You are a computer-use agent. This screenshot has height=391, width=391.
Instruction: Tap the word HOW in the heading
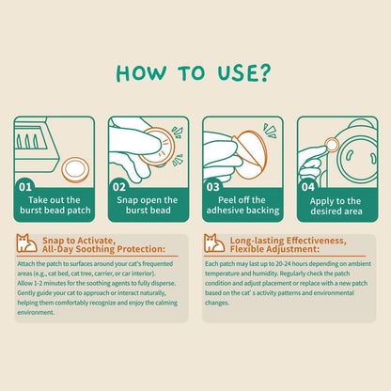click(x=141, y=73)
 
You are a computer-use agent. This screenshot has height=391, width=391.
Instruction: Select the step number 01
click(x=25, y=187)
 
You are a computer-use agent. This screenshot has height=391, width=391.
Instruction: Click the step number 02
click(x=119, y=187)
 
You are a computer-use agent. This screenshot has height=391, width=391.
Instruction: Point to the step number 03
click(x=212, y=187)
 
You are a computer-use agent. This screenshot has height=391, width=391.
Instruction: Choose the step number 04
click(x=307, y=187)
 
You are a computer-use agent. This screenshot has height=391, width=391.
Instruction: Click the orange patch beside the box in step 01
click(x=75, y=170)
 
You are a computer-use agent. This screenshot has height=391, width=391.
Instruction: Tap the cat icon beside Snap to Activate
click(x=26, y=243)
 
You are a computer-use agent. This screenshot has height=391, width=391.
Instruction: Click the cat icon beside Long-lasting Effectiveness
click(x=214, y=243)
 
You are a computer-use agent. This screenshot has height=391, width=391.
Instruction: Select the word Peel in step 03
click(x=227, y=200)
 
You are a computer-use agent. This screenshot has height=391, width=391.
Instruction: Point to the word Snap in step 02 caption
click(x=127, y=200)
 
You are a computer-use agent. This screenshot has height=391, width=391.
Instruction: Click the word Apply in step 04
click(x=321, y=201)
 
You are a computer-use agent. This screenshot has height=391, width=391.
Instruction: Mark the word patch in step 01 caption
click(x=79, y=211)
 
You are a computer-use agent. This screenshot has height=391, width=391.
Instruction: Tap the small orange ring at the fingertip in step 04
click(x=332, y=145)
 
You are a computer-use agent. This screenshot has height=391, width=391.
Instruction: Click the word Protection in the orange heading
click(x=141, y=249)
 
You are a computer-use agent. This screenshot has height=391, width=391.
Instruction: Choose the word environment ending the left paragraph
click(x=36, y=312)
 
